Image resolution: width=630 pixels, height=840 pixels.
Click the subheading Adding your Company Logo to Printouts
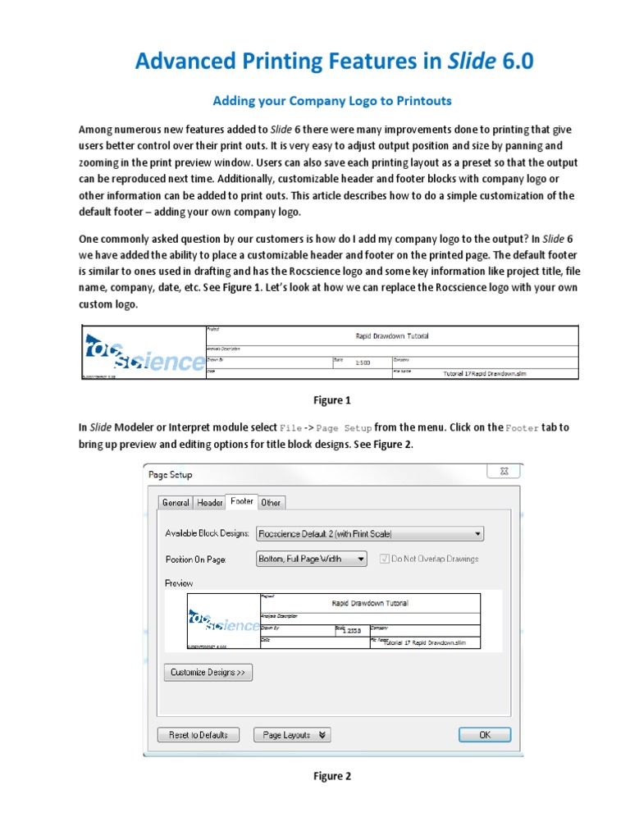tap(332, 101)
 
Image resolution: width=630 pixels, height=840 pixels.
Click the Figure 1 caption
tap(331, 400)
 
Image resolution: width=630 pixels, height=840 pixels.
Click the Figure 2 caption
tap(331, 776)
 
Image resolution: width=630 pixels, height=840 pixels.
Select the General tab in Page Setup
tap(176, 502)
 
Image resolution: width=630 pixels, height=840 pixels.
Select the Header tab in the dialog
tap(209, 502)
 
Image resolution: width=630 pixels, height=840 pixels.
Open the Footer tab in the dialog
tap(242, 501)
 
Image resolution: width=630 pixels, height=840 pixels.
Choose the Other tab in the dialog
tap(271, 502)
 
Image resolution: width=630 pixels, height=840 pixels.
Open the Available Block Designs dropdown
tap(370, 533)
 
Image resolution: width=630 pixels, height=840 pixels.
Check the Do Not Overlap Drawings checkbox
tap(386, 559)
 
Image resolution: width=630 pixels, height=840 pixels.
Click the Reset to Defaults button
tap(198, 735)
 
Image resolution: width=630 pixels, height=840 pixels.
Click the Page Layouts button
tap(292, 735)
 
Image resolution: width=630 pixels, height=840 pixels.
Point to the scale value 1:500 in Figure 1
tap(363, 362)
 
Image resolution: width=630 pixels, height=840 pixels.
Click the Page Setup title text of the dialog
tap(170, 475)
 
